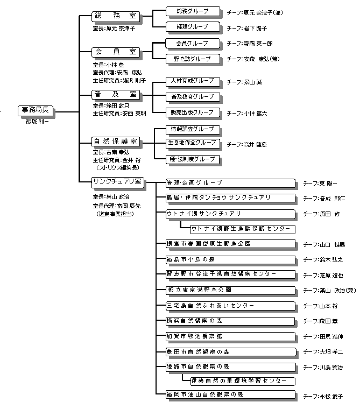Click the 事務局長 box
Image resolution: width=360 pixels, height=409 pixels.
[x=35, y=111]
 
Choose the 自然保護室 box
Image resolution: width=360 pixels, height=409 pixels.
[x=116, y=142]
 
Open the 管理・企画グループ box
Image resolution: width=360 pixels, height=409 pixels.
[x=230, y=183]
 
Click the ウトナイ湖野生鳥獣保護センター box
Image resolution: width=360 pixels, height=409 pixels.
[x=242, y=229]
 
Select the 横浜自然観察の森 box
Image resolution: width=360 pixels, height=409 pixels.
[x=230, y=321]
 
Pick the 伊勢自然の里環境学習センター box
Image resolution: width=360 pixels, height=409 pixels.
[x=242, y=380]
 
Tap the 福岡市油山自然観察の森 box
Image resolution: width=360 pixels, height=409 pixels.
[x=230, y=394]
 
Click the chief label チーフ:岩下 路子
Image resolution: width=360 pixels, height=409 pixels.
[x=247, y=27]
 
